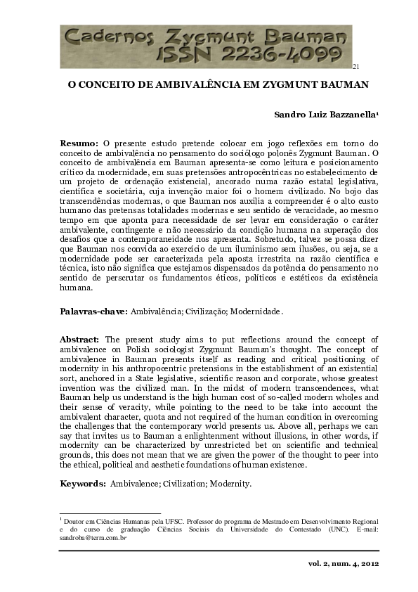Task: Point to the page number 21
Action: click(356, 67)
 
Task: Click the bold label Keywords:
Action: click(83, 484)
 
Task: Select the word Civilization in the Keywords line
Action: click(203, 484)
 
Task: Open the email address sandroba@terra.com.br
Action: click(92, 536)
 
